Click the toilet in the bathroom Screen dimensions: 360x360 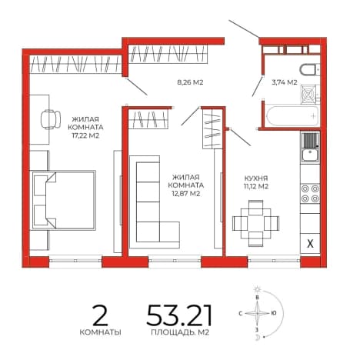310,70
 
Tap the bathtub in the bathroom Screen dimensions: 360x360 292,116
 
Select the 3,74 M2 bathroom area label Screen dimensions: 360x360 285,82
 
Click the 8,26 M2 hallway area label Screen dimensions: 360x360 190,82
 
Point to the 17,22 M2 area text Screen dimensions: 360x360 85,135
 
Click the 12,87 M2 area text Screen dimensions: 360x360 187,194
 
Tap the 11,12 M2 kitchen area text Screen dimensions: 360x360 256,186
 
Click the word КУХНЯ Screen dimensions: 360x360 256,178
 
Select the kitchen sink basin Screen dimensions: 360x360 310,155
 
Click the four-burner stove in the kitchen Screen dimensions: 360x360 310,193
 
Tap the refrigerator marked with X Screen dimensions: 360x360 310,243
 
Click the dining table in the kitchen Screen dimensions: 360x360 255,223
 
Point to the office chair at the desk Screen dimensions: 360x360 51,119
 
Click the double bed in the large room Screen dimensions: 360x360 64,200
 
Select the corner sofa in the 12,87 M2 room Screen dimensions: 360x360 155,202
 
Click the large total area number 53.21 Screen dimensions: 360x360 179,315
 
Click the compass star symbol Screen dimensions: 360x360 257,313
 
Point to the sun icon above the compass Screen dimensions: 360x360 257,289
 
